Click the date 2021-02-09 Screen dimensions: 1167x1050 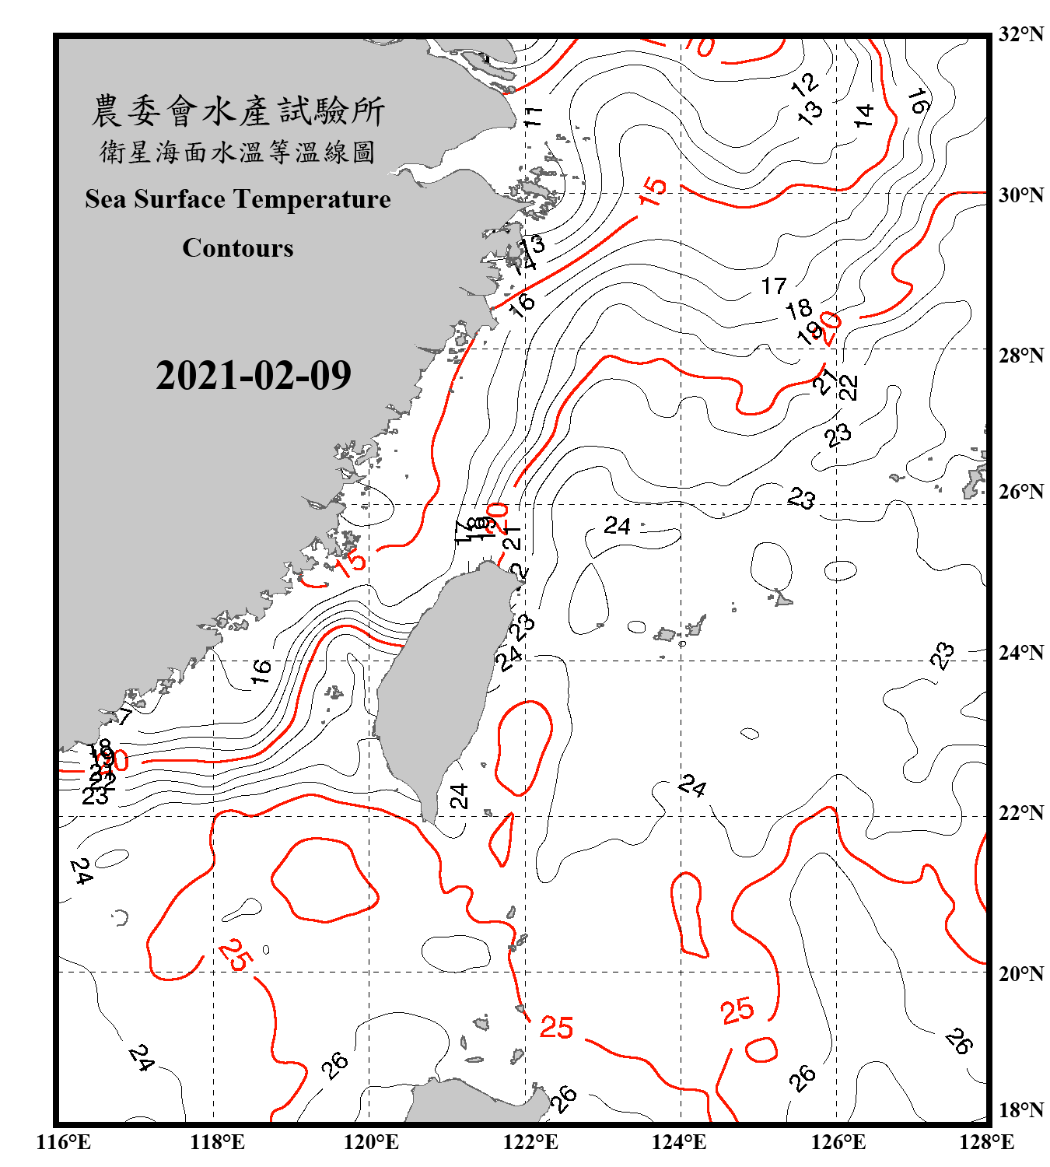pyautogui.click(x=253, y=376)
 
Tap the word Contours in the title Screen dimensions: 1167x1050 pyautogui.click(x=238, y=248)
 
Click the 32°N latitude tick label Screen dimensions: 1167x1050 pyautogui.click(x=1021, y=34)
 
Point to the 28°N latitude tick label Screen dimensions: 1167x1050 pyautogui.click(x=1021, y=356)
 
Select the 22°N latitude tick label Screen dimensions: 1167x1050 pyautogui.click(x=1021, y=813)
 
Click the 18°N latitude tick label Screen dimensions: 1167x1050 pyautogui.click(x=1021, y=1110)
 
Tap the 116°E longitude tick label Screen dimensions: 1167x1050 pyautogui.click(x=64, y=1142)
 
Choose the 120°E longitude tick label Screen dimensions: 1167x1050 pyautogui.click(x=371, y=1142)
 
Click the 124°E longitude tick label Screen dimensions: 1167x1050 pyautogui.click(x=679, y=1142)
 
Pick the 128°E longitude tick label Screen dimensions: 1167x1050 pyautogui.click(x=986, y=1142)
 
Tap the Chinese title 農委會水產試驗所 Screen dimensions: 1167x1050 pyautogui.click(x=238, y=111)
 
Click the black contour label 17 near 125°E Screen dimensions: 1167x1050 pyautogui.click(x=774, y=286)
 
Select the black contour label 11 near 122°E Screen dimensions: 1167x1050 pyautogui.click(x=533, y=117)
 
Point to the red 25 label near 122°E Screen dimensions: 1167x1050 pyautogui.click(x=557, y=1028)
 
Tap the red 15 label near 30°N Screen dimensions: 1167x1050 pyautogui.click(x=653, y=191)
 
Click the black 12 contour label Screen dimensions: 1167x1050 pyautogui.click(x=804, y=84)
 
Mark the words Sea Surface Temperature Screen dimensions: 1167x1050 pyautogui.click(x=238, y=199)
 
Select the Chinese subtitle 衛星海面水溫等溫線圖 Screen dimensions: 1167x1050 pyautogui.click(x=238, y=152)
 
